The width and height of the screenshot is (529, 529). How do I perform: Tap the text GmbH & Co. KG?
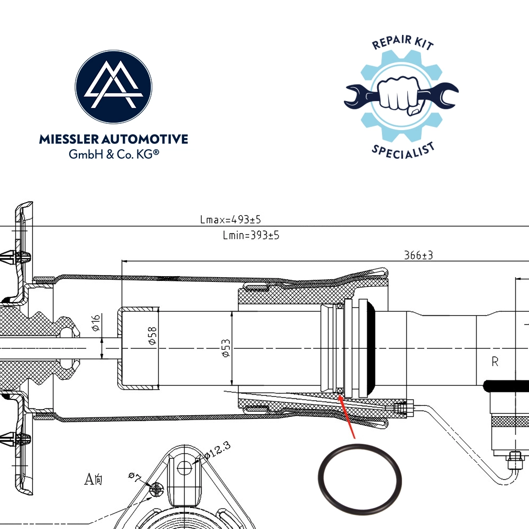(114, 154)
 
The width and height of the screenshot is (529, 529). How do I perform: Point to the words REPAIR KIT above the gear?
(403, 44)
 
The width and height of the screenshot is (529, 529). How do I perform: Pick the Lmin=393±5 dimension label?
(251, 235)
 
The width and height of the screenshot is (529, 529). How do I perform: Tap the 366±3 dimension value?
(418, 255)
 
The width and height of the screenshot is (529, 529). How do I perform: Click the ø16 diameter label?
(96, 322)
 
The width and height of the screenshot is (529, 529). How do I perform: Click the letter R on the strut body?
(495, 362)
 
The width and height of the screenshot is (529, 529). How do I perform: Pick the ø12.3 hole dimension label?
(216, 450)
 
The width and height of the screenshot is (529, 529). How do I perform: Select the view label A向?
(94, 480)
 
